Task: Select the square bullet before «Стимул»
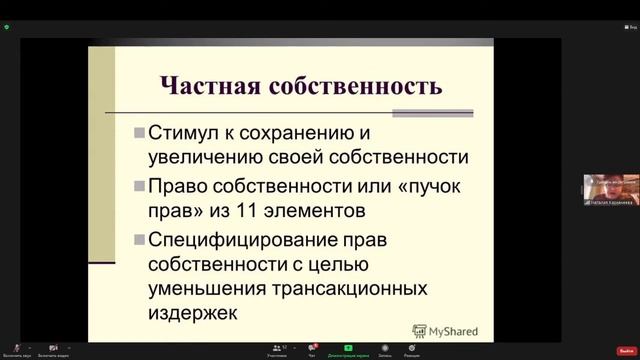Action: click(x=138, y=133)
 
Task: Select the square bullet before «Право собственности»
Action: click(x=138, y=187)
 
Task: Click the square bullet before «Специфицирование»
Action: click(x=138, y=241)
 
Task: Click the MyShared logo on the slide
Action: click(x=445, y=330)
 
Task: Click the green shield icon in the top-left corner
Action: click(x=7, y=27)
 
